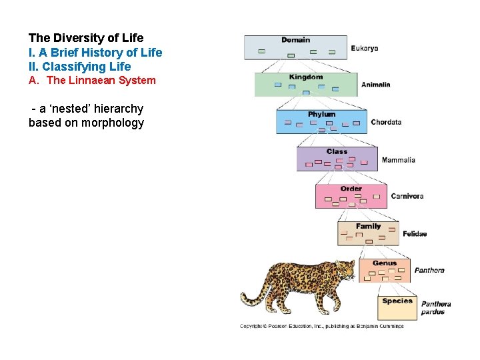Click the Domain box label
click(295, 40)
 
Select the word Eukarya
click(365, 49)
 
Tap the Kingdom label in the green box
click(305, 77)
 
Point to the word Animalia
click(375, 85)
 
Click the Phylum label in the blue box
click(321, 115)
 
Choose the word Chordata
click(386, 122)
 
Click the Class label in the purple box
click(337, 151)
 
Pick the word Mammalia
click(398, 160)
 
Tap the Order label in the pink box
click(351, 189)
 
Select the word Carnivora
click(407, 196)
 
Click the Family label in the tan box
click(368, 226)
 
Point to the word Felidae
click(415, 234)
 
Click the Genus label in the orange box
click(384, 263)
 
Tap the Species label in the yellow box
click(397, 301)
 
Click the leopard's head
click(345, 269)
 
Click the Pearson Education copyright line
click(321, 326)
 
